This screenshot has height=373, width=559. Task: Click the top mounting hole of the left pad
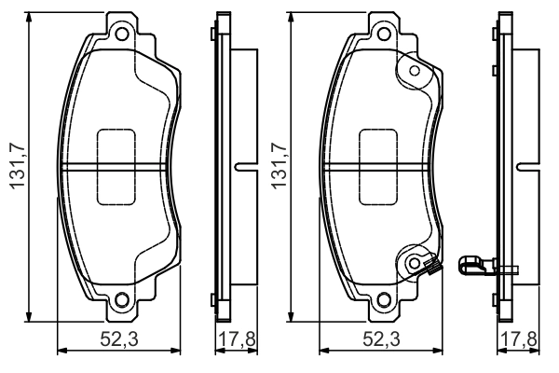coord(119,36)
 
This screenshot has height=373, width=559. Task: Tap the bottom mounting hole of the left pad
coord(119,300)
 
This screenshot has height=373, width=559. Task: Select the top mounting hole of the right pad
coord(380,36)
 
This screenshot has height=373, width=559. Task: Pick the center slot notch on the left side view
coord(244,168)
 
